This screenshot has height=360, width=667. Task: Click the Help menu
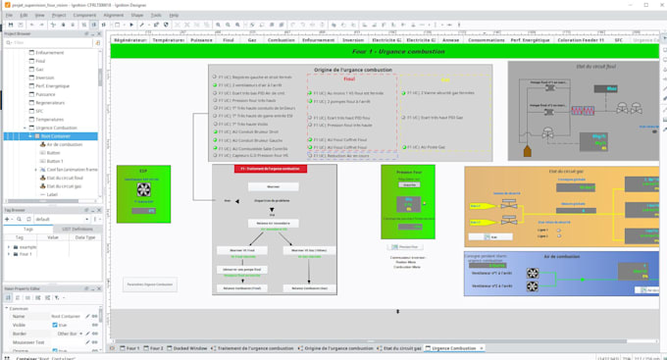(183, 16)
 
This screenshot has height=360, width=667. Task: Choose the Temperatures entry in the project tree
(50, 119)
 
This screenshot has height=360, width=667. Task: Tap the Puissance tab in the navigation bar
(200, 40)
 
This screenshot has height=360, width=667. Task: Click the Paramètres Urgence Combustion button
(149, 284)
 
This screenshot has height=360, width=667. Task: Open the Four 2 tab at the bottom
(155, 348)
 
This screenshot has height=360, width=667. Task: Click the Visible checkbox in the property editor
(44, 326)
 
